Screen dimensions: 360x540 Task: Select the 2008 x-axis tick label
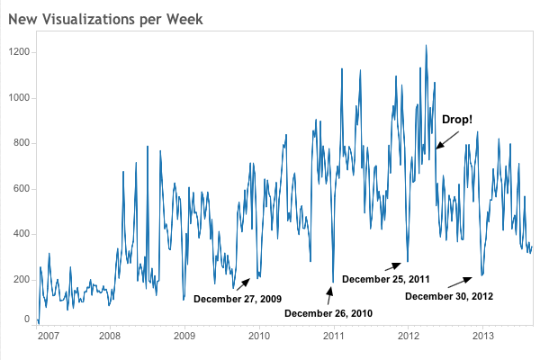[110, 337]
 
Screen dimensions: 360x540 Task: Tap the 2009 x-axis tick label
[184, 337]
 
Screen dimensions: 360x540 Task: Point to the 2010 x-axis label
[259, 337]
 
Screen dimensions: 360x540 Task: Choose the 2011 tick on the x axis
[334, 337]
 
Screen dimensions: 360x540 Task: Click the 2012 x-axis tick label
[409, 337]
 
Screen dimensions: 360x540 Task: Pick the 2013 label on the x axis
[483, 337]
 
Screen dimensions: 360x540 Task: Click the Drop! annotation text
[457, 120]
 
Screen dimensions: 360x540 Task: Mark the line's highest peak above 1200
[426, 45]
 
